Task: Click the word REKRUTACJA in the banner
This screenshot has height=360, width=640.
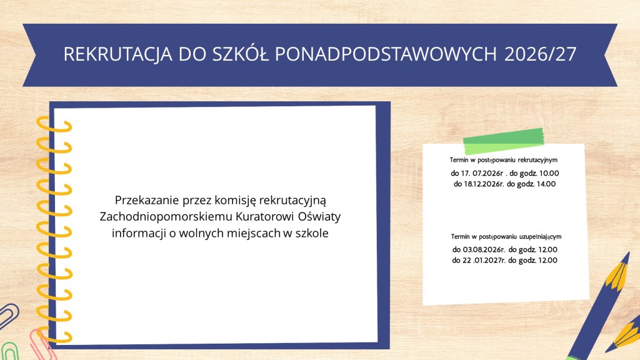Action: point(117,54)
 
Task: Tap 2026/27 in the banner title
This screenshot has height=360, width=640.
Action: point(540,54)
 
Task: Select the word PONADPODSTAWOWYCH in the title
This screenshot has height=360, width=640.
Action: point(386,54)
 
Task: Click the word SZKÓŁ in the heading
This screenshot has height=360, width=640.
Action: point(241,54)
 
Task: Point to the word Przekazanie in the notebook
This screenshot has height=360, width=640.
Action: point(146,201)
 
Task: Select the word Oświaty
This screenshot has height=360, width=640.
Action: point(319,216)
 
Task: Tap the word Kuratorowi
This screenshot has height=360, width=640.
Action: point(265,216)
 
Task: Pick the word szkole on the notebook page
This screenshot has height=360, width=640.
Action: point(312,233)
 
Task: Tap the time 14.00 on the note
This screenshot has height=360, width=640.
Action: point(546,184)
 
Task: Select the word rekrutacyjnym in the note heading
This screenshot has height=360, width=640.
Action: point(537,160)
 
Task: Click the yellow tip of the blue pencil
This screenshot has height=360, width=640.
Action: point(619,271)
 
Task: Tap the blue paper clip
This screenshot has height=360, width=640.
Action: point(8,315)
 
